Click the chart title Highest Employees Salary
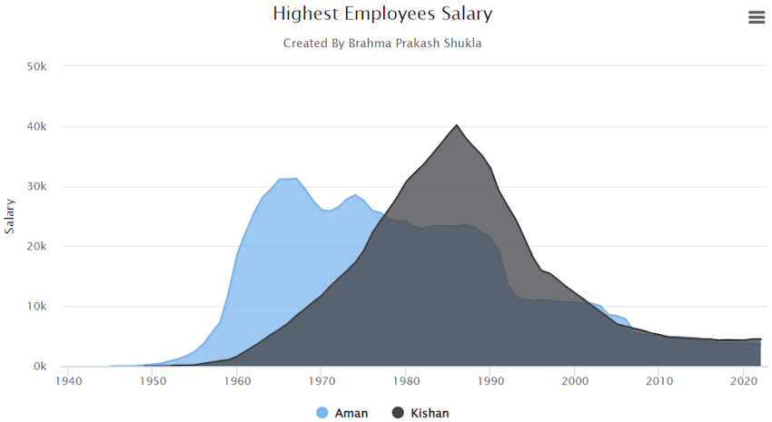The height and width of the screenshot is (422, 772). (x=382, y=14)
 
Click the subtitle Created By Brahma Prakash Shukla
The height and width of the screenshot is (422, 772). (x=382, y=43)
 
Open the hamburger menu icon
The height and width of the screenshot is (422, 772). (x=756, y=17)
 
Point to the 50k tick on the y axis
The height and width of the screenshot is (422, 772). (x=44, y=66)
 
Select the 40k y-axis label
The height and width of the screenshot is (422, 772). (x=44, y=126)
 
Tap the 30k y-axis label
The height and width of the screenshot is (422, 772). (x=44, y=186)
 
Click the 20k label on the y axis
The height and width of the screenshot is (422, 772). (x=44, y=246)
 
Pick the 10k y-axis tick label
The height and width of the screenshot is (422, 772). (x=44, y=306)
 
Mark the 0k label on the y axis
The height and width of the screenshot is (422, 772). (x=46, y=366)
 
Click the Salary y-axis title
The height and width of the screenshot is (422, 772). (x=10, y=216)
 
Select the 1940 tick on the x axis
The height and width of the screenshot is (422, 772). (x=68, y=382)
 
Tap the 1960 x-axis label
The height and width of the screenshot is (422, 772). (x=237, y=382)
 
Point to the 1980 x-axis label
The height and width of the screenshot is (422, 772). (x=406, y=382)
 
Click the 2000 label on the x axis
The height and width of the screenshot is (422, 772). (x=575, y=382)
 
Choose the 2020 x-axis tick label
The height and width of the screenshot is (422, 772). (x=744, y=382)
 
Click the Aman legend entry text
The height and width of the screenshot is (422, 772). (x=351, y=413)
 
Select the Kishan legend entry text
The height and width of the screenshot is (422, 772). (x=430, y=413)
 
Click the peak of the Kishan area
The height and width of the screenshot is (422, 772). (x=457, y=125)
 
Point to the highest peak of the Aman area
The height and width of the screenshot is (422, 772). (x=296, y=179)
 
